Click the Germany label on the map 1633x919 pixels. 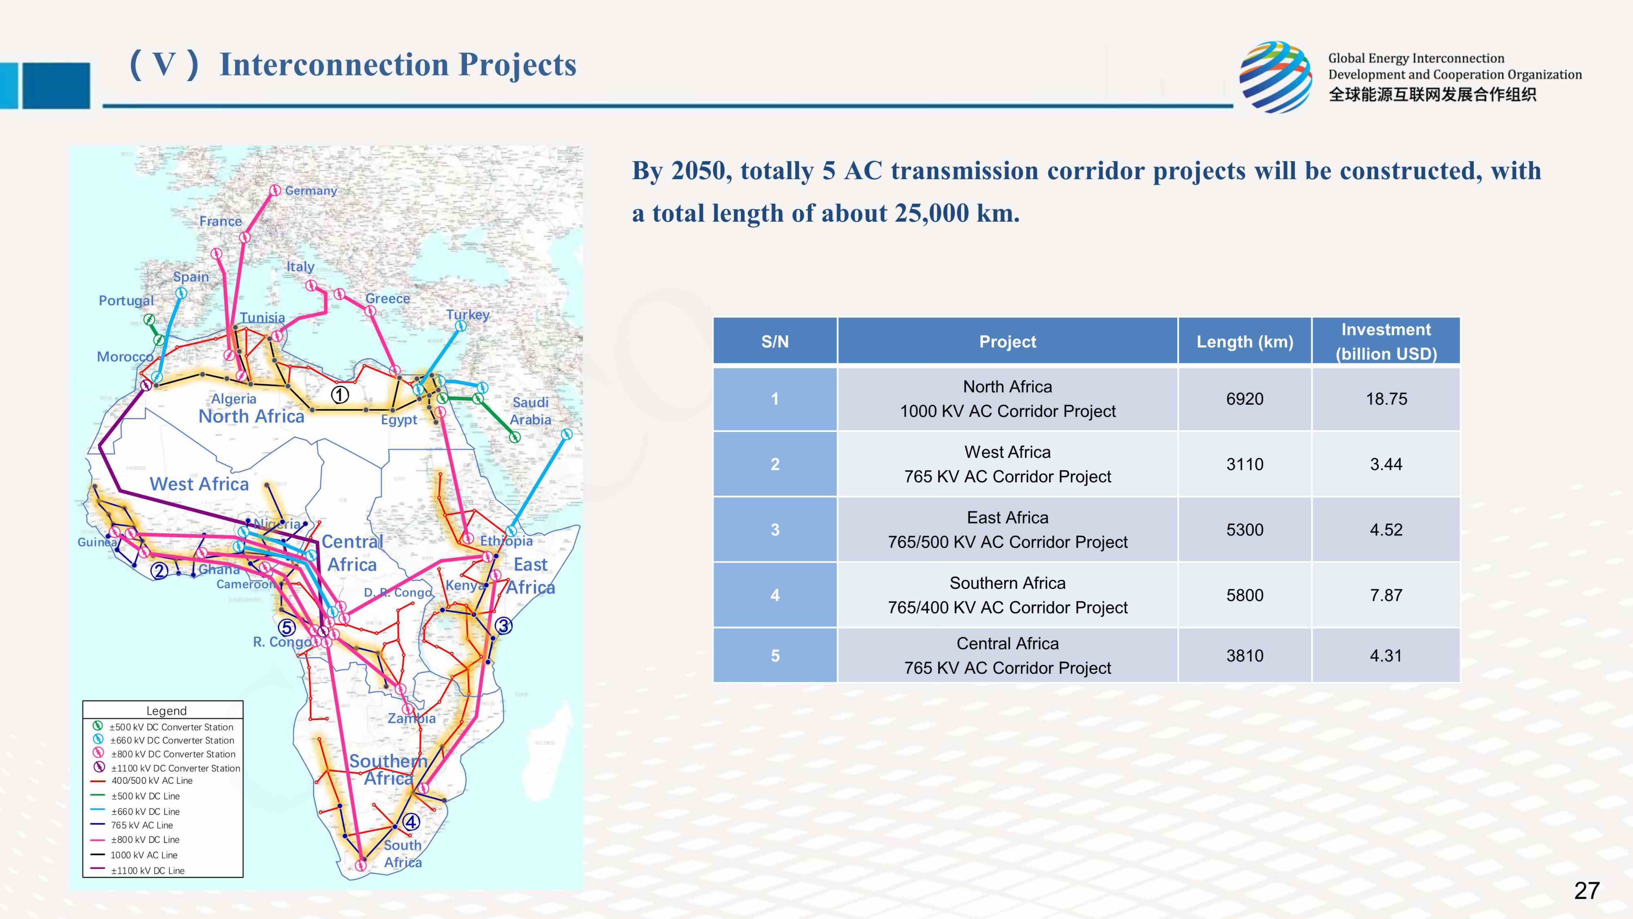click(311, 191)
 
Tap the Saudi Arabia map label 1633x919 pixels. click(531, 411)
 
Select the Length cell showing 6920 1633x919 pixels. click(1244, 399)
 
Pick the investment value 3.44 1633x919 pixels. click(1386, 464)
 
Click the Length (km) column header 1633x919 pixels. click(1244, 342)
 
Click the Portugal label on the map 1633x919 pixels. click(126, 301)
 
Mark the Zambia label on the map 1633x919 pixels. click(412, 719)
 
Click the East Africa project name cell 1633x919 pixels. click(1007, 529)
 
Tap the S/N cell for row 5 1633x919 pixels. click(775, 656)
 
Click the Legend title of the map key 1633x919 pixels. click(166, 711)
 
